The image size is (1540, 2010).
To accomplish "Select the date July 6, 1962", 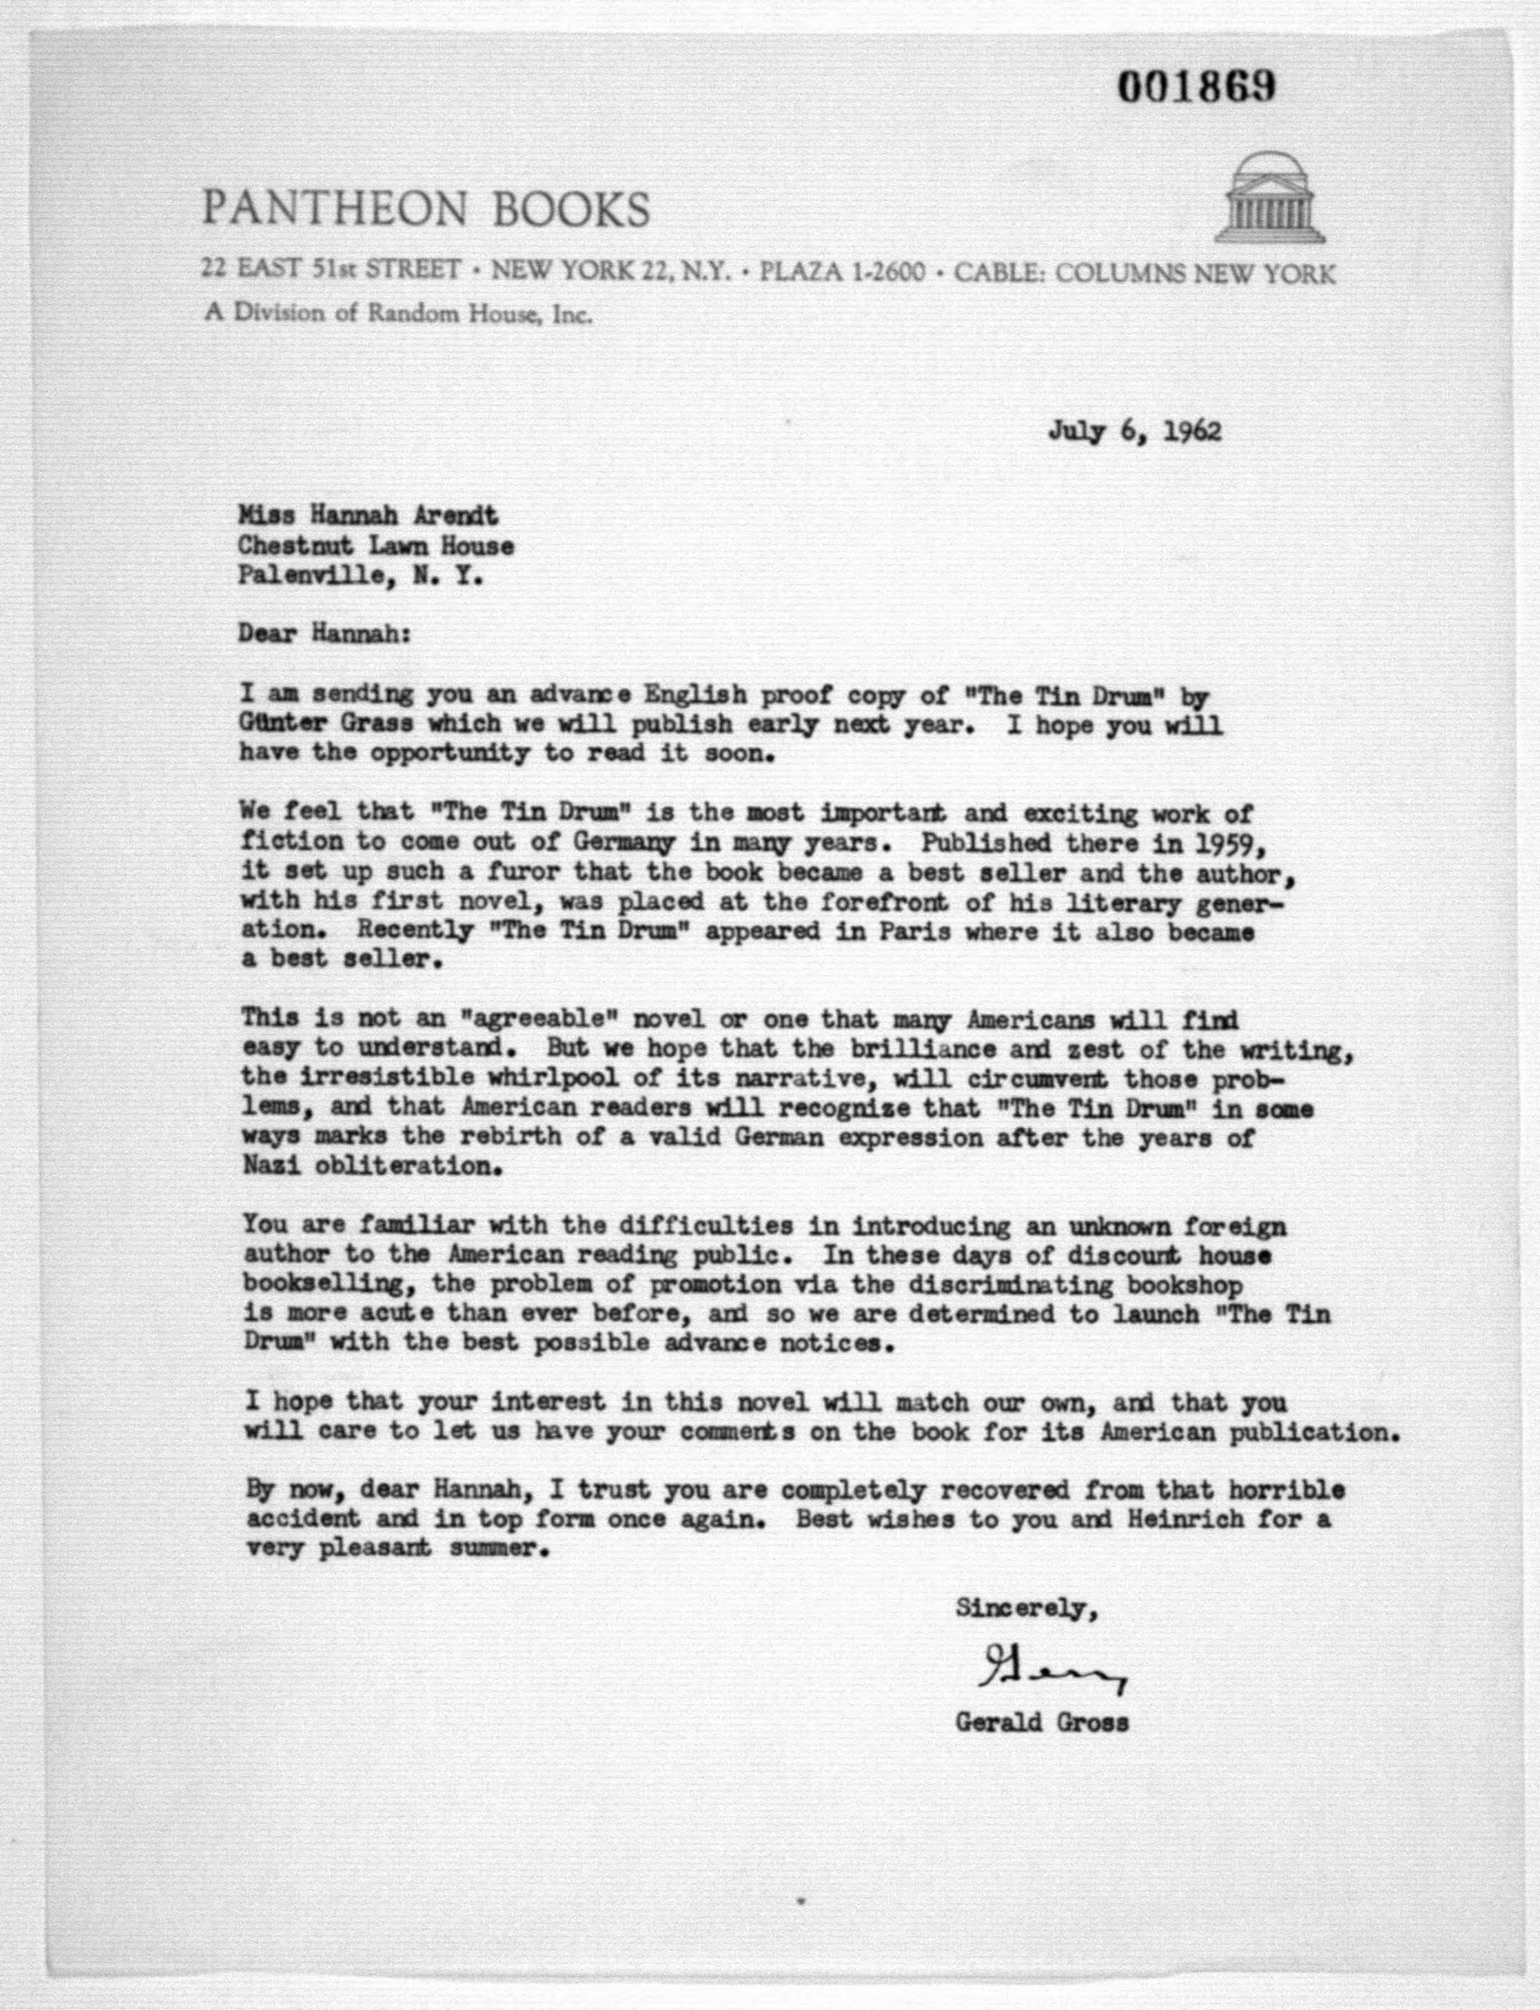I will [1135, 432].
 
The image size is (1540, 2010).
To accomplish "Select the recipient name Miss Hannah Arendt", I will [368, 517].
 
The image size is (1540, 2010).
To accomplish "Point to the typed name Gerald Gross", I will [1041, 1723].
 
